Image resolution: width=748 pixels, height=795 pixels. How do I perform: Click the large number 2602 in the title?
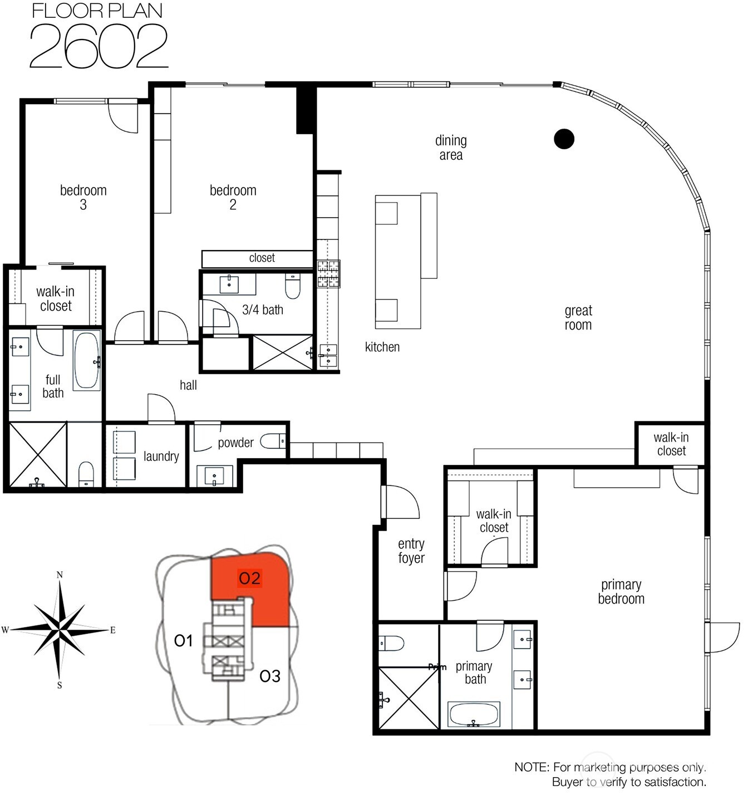(99, 46)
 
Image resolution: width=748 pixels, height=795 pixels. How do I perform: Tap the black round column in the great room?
(564, 139)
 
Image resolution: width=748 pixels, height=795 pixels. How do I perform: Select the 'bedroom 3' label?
(83, 197)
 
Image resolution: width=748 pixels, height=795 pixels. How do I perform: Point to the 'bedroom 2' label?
(233, 197)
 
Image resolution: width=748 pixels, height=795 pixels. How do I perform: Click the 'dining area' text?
(451, 148)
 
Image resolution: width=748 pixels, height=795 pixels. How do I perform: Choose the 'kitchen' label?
(382, 347)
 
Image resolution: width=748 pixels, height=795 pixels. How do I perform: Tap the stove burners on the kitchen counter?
(328, 274)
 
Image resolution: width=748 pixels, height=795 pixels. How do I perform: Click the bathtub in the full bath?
(87, 360)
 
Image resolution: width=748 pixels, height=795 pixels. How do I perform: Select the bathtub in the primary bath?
(474, 714)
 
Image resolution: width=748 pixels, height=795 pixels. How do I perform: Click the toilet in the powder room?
(273, 441)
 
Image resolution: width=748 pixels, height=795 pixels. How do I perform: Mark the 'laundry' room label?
(161, 457)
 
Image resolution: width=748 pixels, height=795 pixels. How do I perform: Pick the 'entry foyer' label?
(411, 551)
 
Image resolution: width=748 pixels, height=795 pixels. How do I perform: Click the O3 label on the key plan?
(270, 676)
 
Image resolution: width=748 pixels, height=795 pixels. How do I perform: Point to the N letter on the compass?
(60, 575)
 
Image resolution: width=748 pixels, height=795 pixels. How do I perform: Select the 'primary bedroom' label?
(621, 591)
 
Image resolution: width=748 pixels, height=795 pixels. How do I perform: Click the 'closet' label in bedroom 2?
(262, 258)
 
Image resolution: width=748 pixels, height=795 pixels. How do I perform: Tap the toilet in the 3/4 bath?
(293, 286)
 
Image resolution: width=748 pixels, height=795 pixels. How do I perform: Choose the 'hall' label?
(188, 385)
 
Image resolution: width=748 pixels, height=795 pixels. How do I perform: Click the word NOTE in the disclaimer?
(531, 767)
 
